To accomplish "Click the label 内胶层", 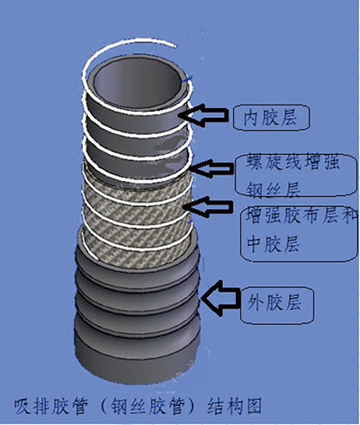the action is (x=270, y=117).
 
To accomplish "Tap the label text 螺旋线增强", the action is (x=293, y=162).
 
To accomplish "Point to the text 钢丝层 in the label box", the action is (x=274, y=189).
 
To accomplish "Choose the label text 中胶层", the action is (x=274, y=243).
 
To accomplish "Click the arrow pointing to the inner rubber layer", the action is (x=207, y=115).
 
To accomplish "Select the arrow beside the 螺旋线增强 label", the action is (x=211, y=168).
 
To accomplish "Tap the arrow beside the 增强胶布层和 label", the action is (x=209, y=207).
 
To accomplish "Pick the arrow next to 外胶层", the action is (x=221, y=298).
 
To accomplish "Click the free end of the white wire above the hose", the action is (x=175, y=47).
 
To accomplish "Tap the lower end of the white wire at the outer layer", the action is (x=96, y=258).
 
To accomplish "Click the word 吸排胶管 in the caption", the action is (x=51, y=407).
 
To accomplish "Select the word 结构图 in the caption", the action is (x=235, y=406).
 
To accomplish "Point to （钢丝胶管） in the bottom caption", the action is (x=147, y=407).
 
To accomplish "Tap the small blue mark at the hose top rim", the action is (x=189, y=79).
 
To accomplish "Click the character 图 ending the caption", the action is (x=253, y=406).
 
